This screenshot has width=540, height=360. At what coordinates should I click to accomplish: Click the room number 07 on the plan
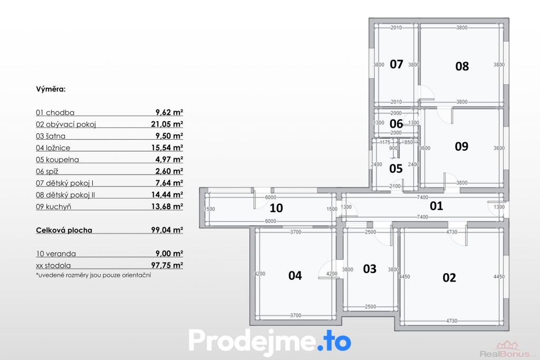coord(397,64)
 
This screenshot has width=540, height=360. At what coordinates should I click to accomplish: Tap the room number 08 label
coord(462,66)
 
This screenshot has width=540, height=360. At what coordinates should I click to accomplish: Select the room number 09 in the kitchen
coord(461,147)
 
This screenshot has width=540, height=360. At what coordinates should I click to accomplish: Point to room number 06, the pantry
coord(396,123)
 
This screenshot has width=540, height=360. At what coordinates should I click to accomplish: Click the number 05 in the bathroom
coord(396,169)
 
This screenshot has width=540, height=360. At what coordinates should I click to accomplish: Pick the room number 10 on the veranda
coord(276,208)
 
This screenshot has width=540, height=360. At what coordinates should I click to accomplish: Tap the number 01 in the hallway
coord(436,206)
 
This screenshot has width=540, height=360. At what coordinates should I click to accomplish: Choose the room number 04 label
coord(295,275)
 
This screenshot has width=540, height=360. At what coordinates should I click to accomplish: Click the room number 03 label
coord(370,269)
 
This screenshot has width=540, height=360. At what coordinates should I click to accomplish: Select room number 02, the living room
coord(449,277)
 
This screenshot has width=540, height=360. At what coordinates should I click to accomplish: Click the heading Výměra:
coord(51,89)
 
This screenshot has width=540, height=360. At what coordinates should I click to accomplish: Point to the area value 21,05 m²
coord(167,124)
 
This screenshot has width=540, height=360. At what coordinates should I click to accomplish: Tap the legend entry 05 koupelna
coord(57,160)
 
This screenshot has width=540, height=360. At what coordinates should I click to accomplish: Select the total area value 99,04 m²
coord(167,230)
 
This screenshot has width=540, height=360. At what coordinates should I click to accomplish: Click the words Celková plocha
coord(64,230)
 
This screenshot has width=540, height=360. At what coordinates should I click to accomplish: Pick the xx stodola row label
coord(53,265)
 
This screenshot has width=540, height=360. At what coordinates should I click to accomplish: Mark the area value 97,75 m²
coord(167,265)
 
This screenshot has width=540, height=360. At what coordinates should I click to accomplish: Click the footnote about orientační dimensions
coord(93,275)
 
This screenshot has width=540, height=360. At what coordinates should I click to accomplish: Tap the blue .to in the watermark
coord(334,341)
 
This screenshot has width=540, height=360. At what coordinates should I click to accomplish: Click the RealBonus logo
coord(508,349)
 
